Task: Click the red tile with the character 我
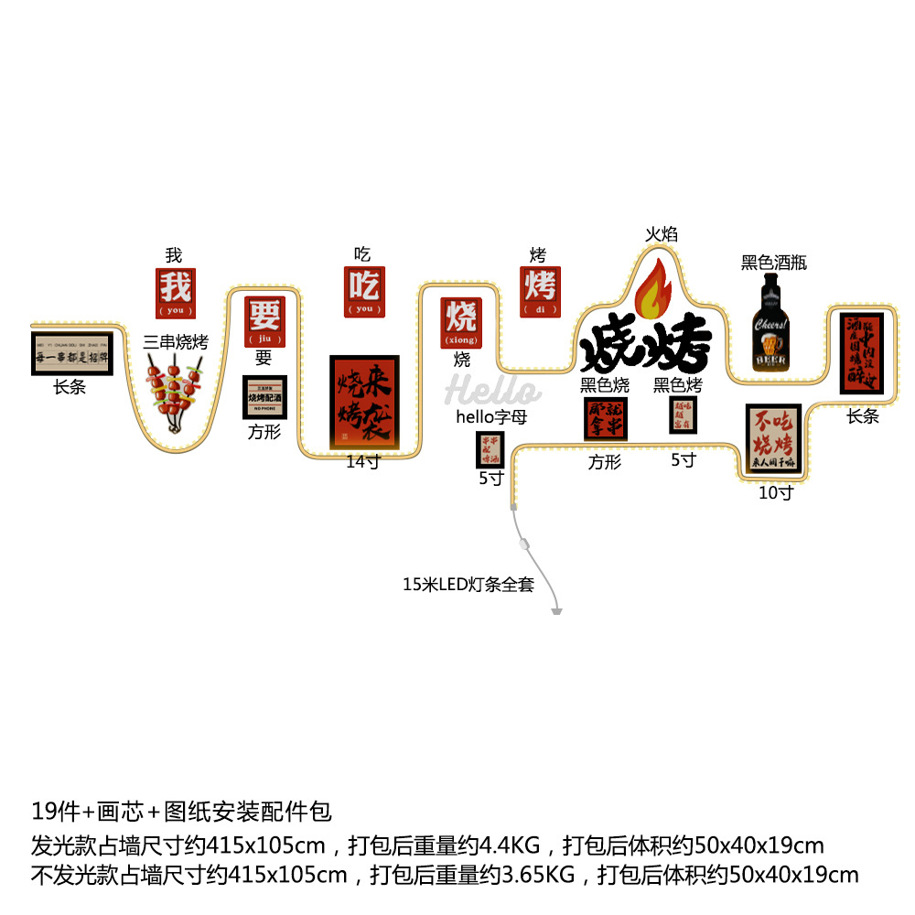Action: [175, 292]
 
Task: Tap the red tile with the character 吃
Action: [364, 292]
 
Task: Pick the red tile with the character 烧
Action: [460, 323]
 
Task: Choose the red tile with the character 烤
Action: [540, 292]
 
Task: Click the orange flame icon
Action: [653, 286]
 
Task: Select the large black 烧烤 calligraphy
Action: [646, 346]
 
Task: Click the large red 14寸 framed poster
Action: [365, 403]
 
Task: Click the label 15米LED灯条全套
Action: [468, 584]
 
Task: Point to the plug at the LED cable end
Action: [556, 610]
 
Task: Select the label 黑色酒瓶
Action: [774, 263]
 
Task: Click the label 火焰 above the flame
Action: [661, 234]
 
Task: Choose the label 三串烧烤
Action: [176, 342]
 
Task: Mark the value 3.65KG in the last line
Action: [538, 875]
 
